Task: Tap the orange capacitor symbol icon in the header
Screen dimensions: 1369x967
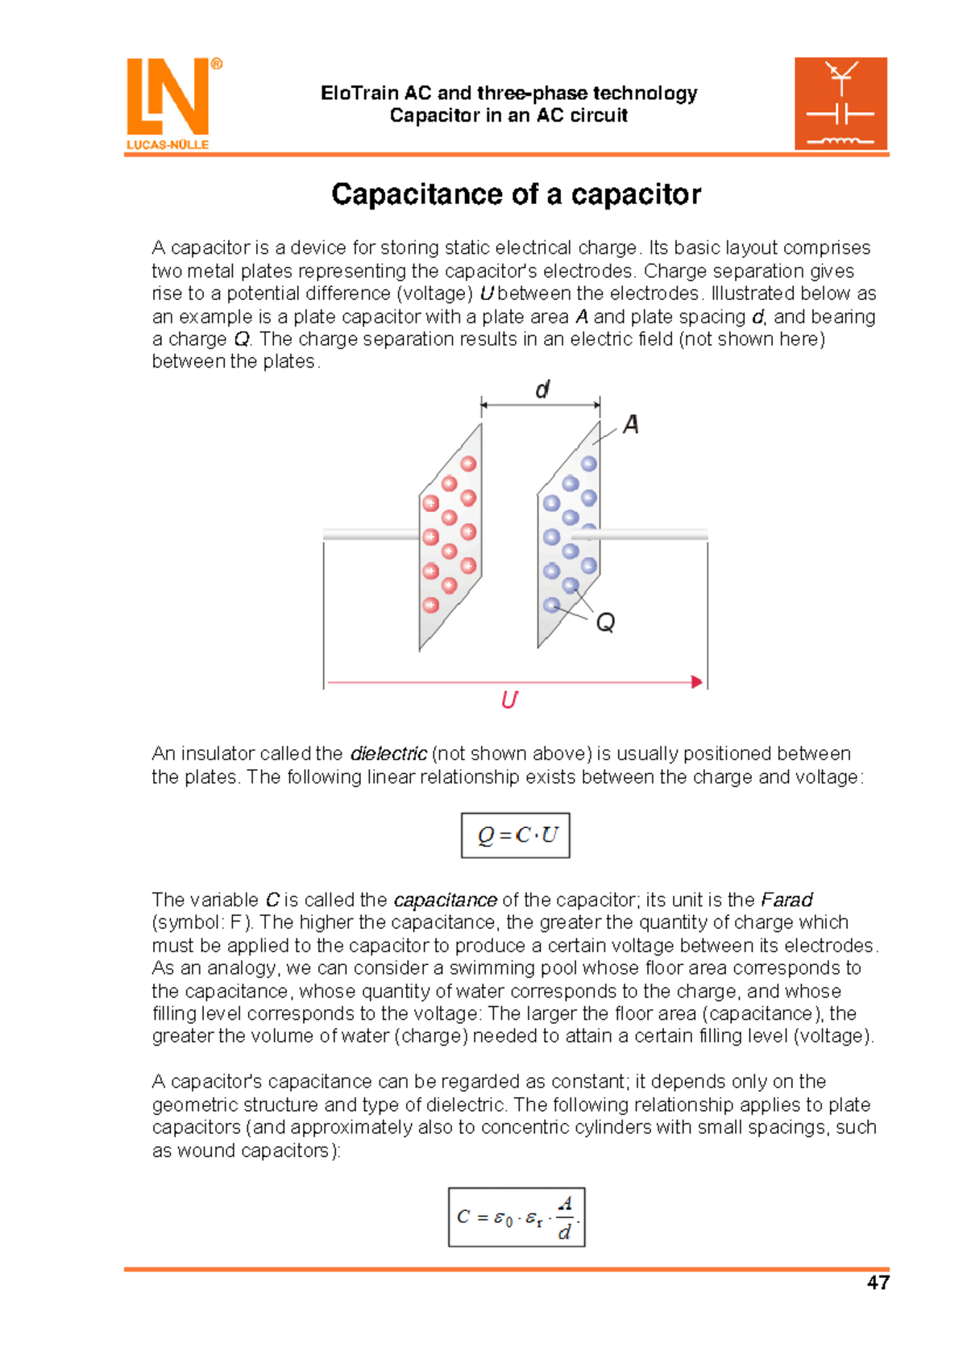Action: (x=840, y=103)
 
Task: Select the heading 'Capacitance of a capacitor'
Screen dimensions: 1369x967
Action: (x=516, y=194)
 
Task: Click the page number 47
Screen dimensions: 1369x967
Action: (x=878, y=1283)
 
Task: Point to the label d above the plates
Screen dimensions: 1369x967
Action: (x=542, y=390)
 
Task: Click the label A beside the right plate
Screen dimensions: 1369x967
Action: (x=631, y=424)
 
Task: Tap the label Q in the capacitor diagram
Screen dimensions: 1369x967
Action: (x=605, y=622)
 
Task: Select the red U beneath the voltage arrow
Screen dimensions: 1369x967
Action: (x=509, y=700)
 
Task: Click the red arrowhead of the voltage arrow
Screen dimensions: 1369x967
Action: (x=697, y=682)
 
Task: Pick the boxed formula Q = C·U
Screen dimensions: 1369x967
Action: (x=516, y=835)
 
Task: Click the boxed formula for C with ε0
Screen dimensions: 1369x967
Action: (x=517, y=1217)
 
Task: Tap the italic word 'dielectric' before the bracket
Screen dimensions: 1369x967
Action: (x=388, y=754)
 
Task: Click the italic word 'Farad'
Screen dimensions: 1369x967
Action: (x=786, y=900)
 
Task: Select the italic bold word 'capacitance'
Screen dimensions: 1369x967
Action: (x=445, y=900)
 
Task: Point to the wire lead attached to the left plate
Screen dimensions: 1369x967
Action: (x=371, y=534)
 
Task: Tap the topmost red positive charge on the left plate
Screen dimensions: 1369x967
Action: (x=468, y=464)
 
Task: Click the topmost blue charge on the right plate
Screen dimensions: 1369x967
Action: (x=589, y=464)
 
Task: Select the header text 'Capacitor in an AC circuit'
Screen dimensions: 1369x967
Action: (x=508, y=115)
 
